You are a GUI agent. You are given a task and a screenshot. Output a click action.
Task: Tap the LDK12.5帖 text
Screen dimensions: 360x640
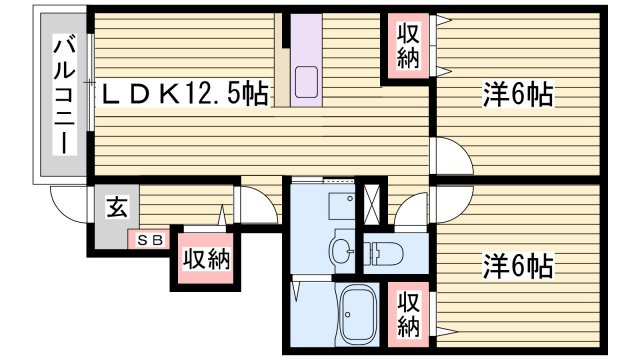click(x=185, y=95)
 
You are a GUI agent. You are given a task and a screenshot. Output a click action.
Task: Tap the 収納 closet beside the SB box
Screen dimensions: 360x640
click(x=206, y=259)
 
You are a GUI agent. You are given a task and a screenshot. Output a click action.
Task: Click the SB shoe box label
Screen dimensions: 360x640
click(x=150, y=240)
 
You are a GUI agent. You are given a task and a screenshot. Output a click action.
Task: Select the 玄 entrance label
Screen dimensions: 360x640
click(x=117, y=209)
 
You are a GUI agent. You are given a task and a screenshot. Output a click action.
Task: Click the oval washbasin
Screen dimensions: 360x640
click(x=342, y=249)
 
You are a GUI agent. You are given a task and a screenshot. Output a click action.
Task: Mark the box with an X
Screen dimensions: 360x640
click(x=371, y=203)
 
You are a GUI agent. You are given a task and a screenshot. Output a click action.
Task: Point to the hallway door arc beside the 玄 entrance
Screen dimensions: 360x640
click(x=256, y=206)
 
